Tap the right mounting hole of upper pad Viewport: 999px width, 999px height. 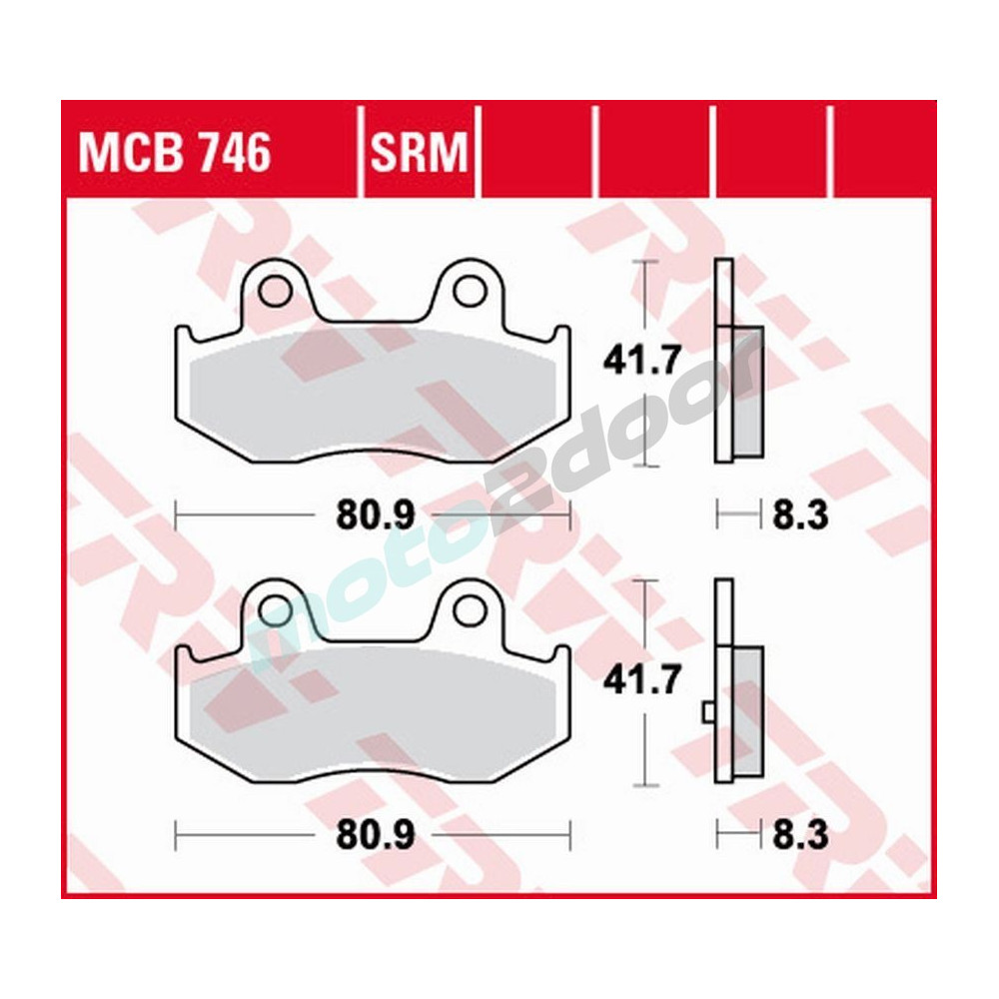coord(465,292)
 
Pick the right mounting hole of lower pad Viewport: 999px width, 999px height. coord(465,608)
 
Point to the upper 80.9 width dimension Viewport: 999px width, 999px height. coord(361,515)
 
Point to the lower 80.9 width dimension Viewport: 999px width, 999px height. coord(361,833)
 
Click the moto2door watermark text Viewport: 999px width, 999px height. coord(499,499)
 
